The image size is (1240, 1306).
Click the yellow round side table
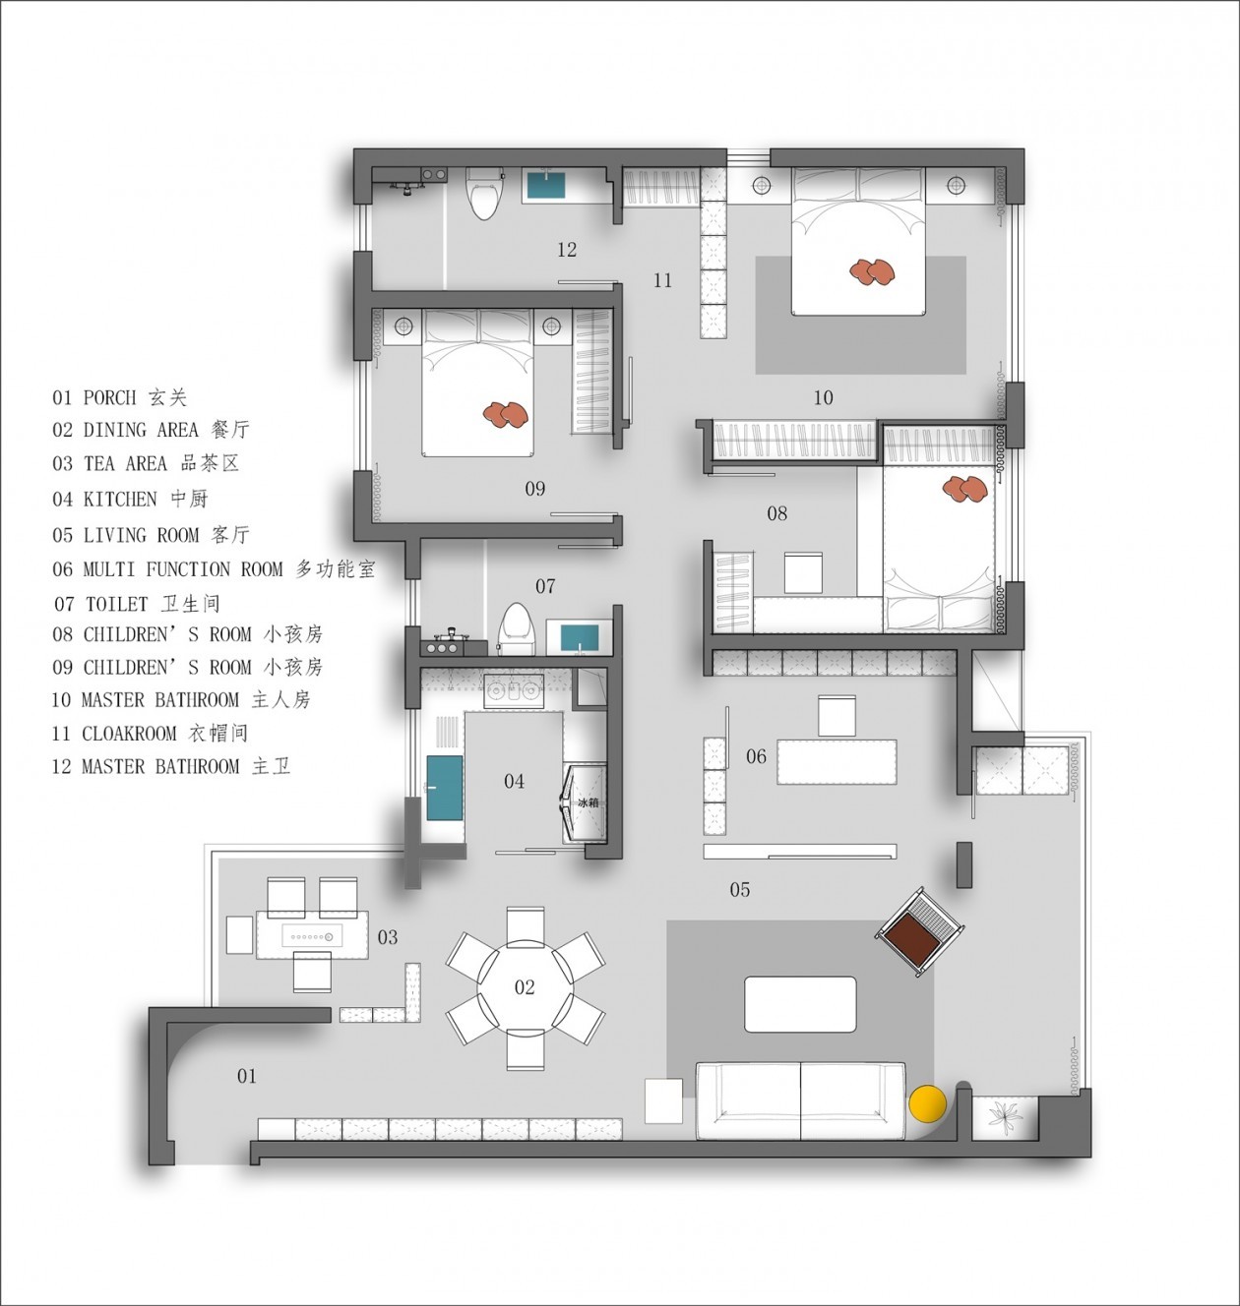pyautogui.click(x=927, y=1103)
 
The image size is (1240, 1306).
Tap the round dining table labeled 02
pyautogui.click(x=526, y=987)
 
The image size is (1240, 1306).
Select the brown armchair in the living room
pyautogui.click(x=920, y=932)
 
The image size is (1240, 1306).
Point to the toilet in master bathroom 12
pyautogui.click(x=483, y=194)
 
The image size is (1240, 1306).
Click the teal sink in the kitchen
pyautogui.click(x=444, y=787)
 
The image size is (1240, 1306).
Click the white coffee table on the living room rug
pyautogui.click(x=800, y=1004)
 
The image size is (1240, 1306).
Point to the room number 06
pyautogui.click(x=756, y=756)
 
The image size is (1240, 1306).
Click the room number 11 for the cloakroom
pyautogui.click(x=662, y=280)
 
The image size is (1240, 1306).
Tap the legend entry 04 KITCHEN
pyautogui.click(x=130, y=499)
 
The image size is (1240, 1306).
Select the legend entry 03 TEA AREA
pyautogui.click(x=146, y=463)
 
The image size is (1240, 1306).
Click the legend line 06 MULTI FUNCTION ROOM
pyautogui.click(x=215, y=568)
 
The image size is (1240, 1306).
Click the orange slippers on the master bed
pyautogui.click(x=872, y=271)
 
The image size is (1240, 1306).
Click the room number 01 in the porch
pyautogui.click(x=247, y=1076)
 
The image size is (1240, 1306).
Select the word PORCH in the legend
pyautogui.click(x=109, y=397)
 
